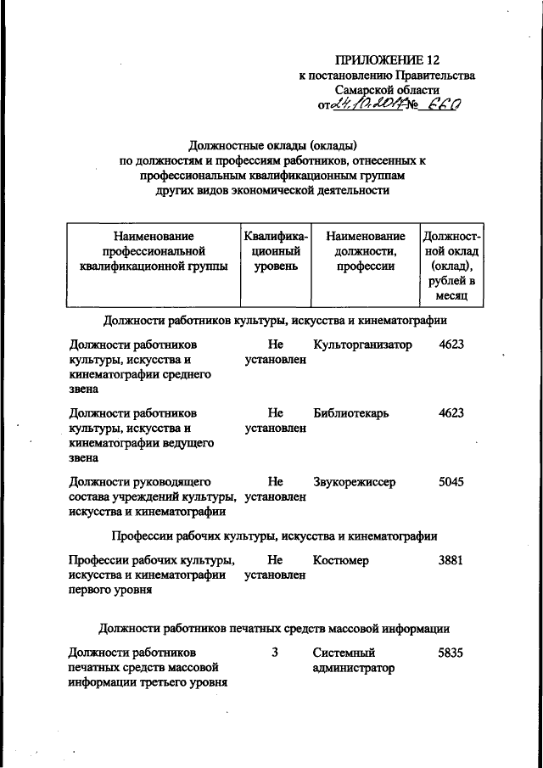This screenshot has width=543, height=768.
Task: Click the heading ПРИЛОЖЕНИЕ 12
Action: pyautogui.click(x=388, y=59)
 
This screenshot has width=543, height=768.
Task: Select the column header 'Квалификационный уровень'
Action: pyautogui.click(x=274, y=251)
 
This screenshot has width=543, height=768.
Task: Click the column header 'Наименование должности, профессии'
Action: pyautogui.click(x=365, y=251)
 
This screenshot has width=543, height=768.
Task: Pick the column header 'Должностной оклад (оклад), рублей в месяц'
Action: pyautogui.click(x=451, y=266)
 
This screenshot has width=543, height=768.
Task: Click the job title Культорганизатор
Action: pyautogui.click(x=361, y=345)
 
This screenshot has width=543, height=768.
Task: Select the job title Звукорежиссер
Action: pyautogui.click(x=354, y=482)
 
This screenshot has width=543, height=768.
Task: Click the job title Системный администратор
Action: pyautogui.click(x=354, y=661)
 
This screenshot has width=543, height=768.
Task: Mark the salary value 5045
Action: pyautogui.click(x=451, y=482)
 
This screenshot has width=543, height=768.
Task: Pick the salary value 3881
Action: pyautogui.click(x=451, y=560)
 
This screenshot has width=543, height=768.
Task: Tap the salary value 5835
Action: pyautogui.click(x=451, y=653)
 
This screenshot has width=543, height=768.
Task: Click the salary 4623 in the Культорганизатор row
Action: pyautogui.click(x=451, y=345)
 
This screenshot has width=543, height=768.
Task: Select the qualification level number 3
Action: pyautogui.click(x=274, y=653)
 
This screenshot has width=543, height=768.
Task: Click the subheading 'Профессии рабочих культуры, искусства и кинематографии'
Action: pyautogui.click(x=274, y=535)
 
